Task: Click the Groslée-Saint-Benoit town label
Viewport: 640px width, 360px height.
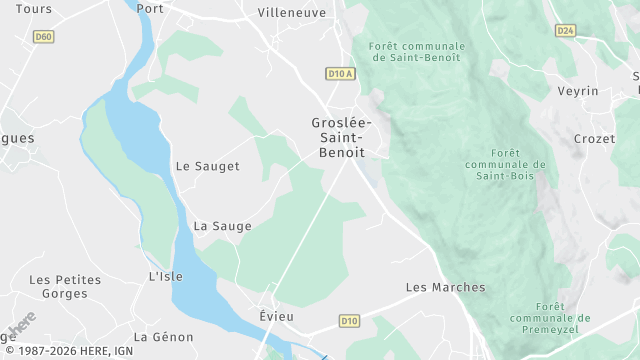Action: [x=337, y=137]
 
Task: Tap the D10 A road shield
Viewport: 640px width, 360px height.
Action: [x=341, y=73]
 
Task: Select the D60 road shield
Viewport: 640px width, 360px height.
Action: [x=43, y=37]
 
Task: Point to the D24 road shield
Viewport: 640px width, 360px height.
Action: [x=566, y=31]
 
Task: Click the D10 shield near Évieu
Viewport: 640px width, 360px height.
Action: [x=348, y=321]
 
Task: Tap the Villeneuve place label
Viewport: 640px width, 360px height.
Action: [x=291, y=13]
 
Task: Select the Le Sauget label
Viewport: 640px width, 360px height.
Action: [x=207, y=166]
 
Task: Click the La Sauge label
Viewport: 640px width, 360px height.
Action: [x=215, y=226]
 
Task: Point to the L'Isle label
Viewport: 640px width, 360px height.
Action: [x=166, y=276]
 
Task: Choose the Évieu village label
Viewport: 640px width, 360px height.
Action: [x=275, y=314]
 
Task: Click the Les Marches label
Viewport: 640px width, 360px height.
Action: [x=445, y=287]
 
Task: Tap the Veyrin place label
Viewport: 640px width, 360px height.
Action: [x=578, y=91]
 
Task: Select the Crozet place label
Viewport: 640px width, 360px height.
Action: [x=594, y=139]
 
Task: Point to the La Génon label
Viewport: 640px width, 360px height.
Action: [x=163, y=337]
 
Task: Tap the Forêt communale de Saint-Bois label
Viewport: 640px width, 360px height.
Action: [x=506, y=164]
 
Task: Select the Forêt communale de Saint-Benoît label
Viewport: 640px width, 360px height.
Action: [x=416, y=52]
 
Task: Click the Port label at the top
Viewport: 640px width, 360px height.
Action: [x=150, y=9]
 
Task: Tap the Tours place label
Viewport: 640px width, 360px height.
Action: [x=35, y=9]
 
